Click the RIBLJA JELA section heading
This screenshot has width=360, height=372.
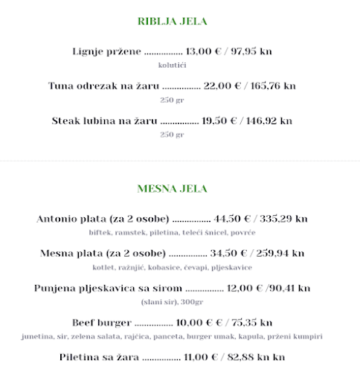173,22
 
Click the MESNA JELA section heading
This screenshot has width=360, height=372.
172,188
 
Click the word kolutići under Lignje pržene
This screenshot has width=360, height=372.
172,65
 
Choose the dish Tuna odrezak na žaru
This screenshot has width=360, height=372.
103,86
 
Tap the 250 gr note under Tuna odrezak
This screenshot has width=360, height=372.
172,100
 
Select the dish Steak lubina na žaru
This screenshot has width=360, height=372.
104,120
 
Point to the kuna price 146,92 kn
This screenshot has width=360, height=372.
268,120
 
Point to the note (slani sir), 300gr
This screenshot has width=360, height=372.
172,302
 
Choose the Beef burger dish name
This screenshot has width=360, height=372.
102,322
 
